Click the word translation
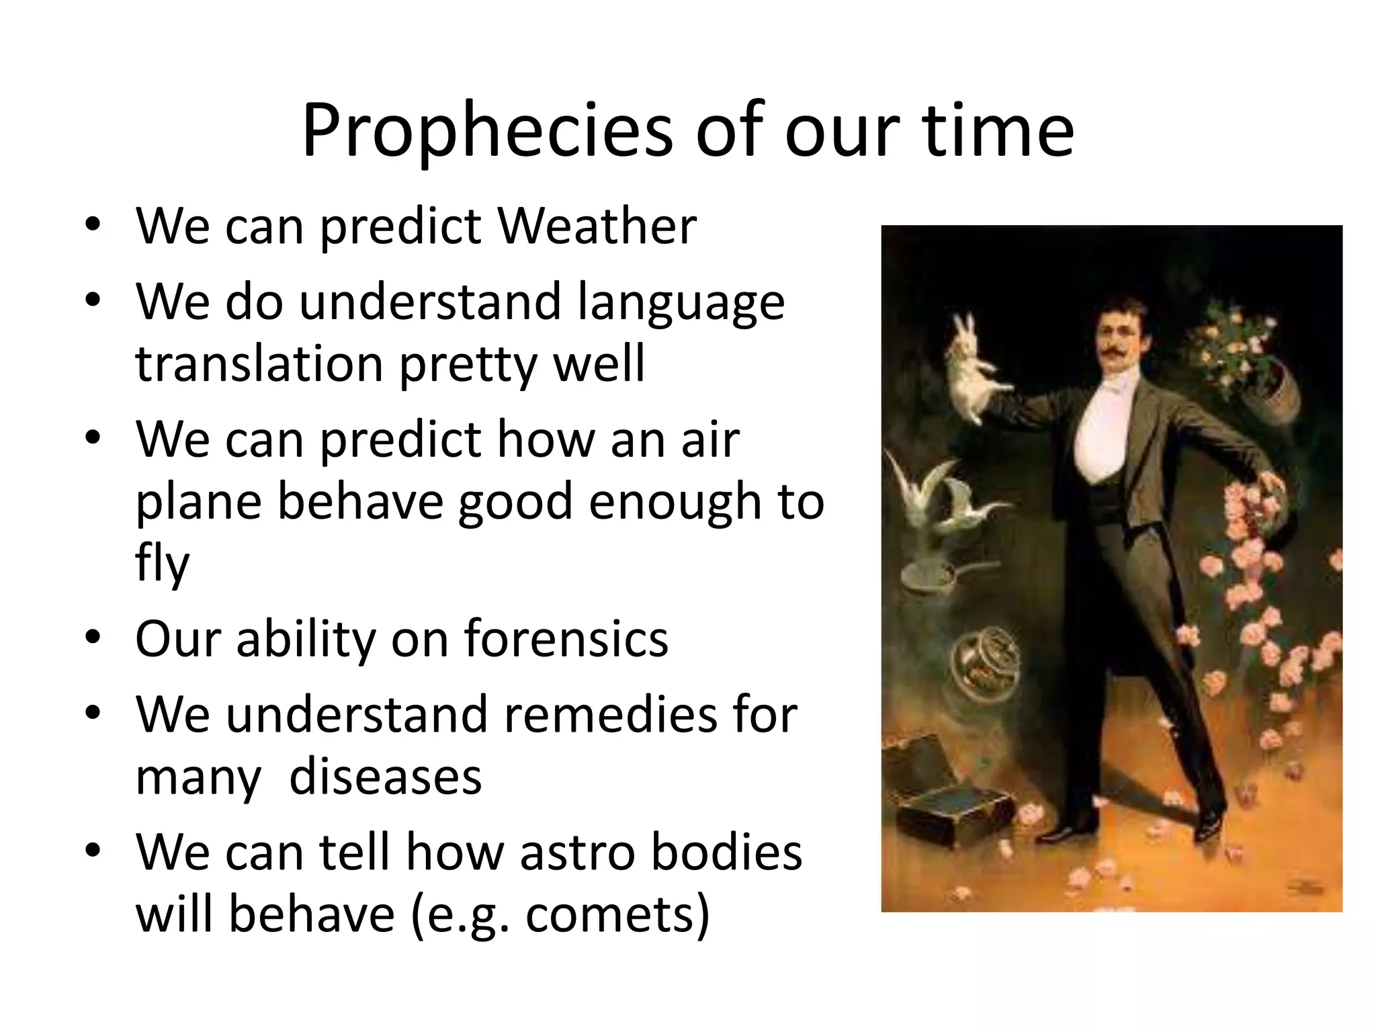(259, 363)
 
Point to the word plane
(198, 503)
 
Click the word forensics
(566, 638)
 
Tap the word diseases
(385, 777)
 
